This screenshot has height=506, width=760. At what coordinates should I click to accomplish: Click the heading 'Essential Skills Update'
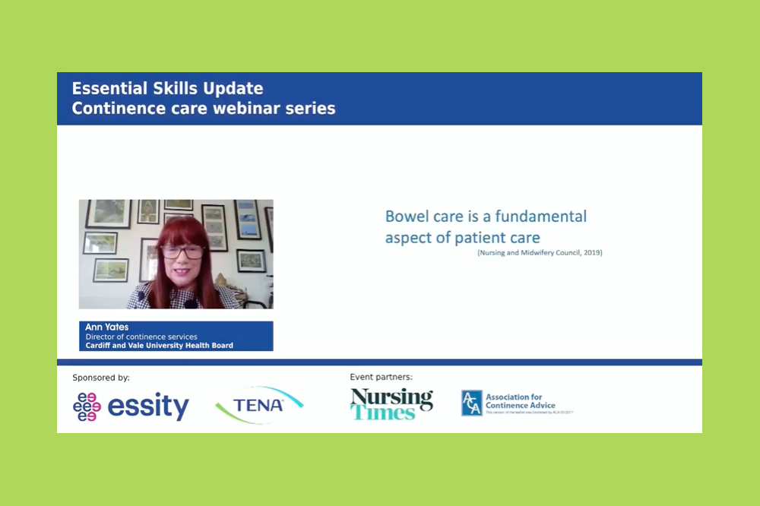(167, 89)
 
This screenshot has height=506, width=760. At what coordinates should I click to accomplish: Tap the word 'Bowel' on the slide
(408, 217)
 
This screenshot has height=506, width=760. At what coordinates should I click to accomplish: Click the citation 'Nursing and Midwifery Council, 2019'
(540, 253)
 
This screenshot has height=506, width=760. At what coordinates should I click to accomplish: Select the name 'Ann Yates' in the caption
(107, 327)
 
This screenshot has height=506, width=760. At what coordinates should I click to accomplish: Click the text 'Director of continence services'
(141, 337)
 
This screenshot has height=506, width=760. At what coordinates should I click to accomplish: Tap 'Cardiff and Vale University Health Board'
(159, 346)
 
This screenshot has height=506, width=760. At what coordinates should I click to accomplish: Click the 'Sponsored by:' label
(101, 378)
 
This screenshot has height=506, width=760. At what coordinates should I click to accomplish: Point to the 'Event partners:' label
(381, 377)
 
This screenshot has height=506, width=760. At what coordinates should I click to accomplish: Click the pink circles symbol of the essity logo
(87, 406)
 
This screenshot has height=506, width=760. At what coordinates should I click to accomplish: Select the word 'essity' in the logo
(148, 406)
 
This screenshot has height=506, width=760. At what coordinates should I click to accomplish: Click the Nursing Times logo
(391, 403)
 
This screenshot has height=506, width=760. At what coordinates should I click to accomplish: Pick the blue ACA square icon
(471, 403)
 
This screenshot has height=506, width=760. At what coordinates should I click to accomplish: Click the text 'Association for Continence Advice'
(521, 401)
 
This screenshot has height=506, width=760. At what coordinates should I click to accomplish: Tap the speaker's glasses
(182, 251)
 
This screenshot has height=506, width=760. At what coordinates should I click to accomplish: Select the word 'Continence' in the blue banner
(115, 109)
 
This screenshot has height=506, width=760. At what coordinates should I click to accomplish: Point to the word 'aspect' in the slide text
(408, 238)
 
